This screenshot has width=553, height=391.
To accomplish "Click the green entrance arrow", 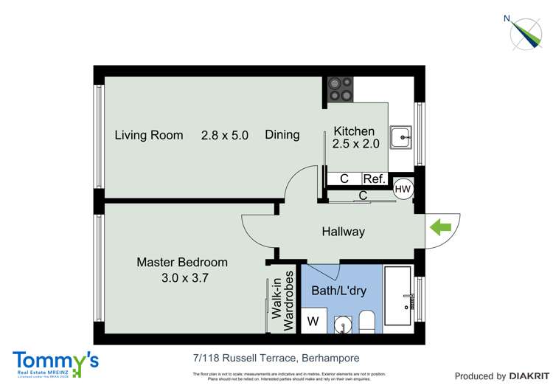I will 440,228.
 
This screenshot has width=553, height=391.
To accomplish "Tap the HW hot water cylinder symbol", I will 403,188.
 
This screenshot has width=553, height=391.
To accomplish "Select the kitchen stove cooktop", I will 341,89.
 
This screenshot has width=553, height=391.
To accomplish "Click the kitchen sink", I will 401,135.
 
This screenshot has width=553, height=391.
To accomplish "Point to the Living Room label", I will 149,135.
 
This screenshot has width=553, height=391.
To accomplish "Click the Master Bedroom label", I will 182,262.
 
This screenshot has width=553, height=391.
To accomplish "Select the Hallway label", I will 343,232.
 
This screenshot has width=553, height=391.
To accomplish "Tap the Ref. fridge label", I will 374,179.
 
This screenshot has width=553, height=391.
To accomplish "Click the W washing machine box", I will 313,322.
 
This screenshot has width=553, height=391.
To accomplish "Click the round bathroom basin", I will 341,323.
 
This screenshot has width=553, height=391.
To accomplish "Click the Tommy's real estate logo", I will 55,362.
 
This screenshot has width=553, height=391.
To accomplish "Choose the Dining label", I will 282,134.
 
